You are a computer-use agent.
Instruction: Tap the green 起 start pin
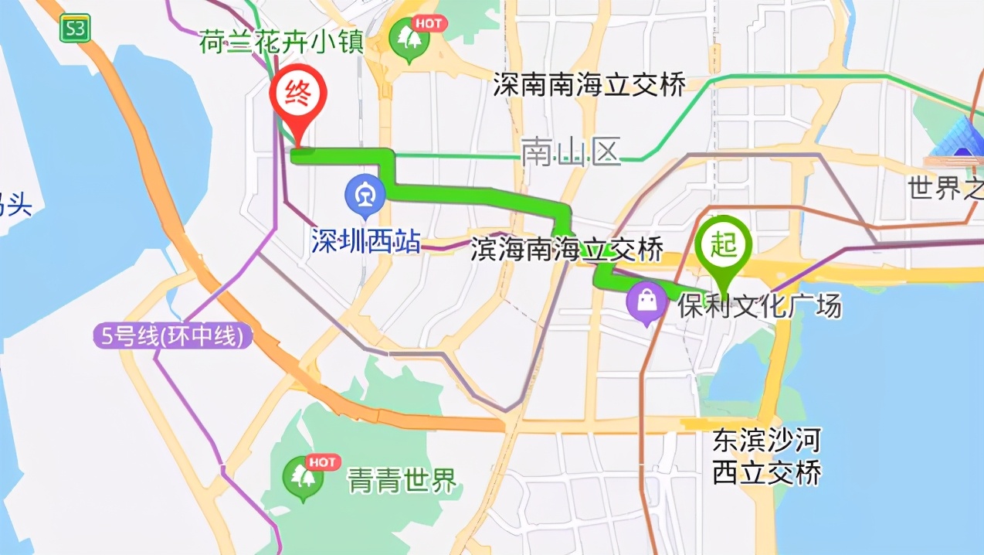click(x=724, y=247)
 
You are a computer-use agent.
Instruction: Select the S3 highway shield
click(x=76, y=29)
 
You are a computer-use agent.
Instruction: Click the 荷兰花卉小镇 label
click(x=281, y=43)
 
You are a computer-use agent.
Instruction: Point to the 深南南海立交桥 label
click(x=589, y=85)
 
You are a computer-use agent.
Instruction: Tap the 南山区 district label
click(x=571, y=152)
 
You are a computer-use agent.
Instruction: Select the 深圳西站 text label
click(x=366, y=241)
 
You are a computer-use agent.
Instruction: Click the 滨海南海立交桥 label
click(x=567, y=250)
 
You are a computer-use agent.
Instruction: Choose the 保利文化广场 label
click(x=759, y=307)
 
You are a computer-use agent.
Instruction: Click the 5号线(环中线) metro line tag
click(x=173, y=336)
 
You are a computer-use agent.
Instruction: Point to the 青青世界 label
click(x=402, y=482)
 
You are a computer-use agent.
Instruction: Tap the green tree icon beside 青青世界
click(x=302, y=478)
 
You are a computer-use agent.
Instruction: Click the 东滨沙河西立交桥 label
click(x=765, y=456)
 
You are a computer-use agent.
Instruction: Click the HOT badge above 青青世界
click(x=323, y=462)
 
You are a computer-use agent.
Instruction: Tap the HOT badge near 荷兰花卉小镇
click(x=429, y=23)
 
